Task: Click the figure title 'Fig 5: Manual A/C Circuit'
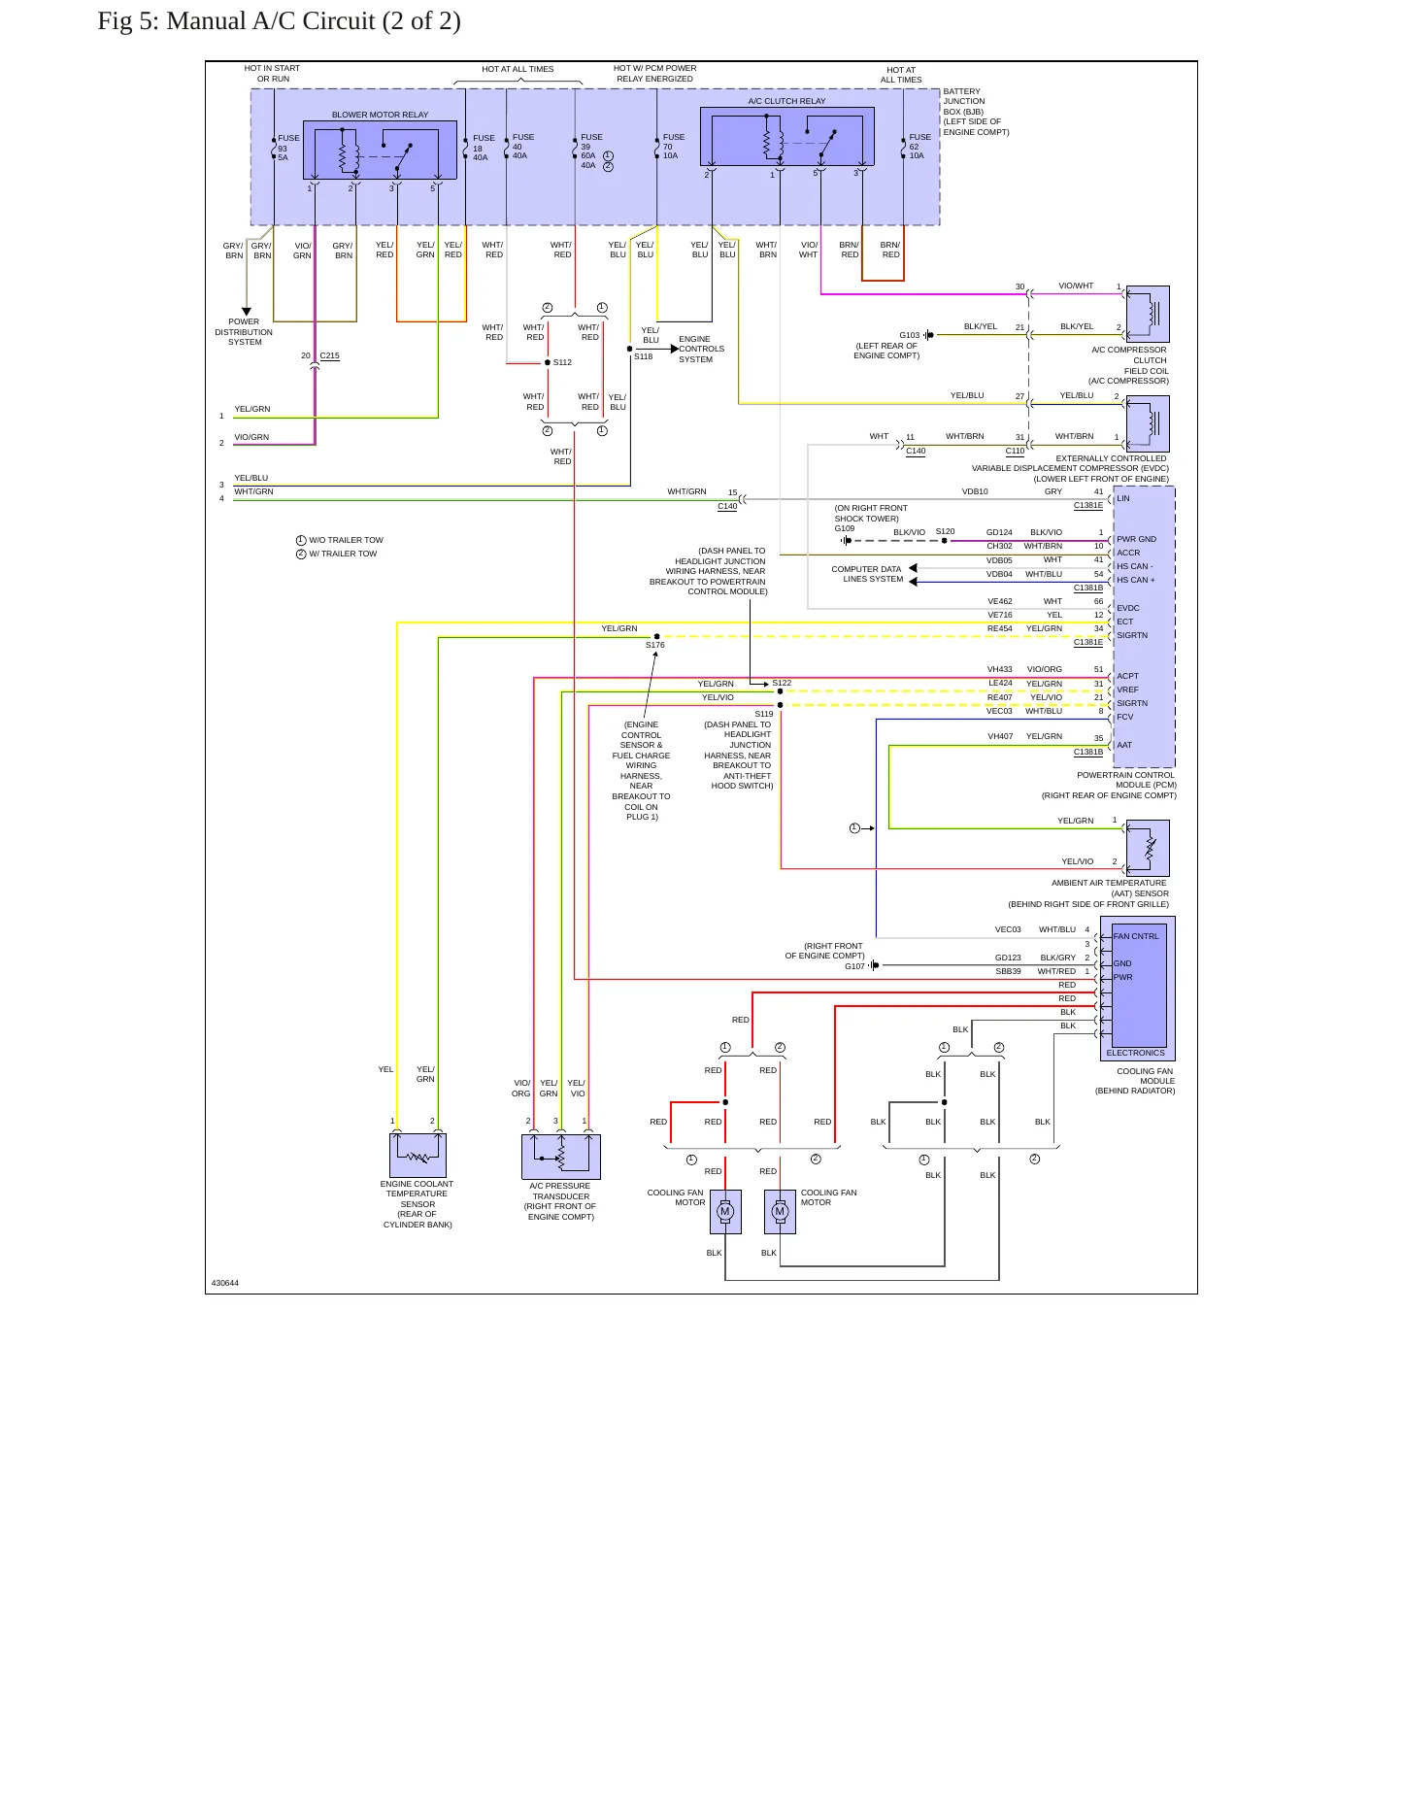tap(237, 21)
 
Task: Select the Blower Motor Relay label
tap(380, 115)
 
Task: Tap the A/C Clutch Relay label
tap(786, 101)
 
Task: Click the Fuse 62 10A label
tap(919, 147)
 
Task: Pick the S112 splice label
tap(562, 362)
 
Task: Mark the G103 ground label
tap(909, 335)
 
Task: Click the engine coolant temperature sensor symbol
tap(418, 1156)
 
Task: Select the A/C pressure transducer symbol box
tap(561, 1157)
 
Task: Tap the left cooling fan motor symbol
tap(725, 1212)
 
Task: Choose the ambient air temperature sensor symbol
tap(1148, 848)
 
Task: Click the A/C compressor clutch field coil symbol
tap(1148, 314)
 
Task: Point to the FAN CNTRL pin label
tap(1136, 936)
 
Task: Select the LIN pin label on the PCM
tap(1123, 498)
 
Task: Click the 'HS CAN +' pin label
tap(1136, 580)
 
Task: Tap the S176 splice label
tap(655, 645)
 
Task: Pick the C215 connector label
tap(330, 356)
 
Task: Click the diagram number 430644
tap(225, 1283)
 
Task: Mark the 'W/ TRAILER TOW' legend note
tap(337, 554)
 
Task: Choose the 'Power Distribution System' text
tap(244, 332)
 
